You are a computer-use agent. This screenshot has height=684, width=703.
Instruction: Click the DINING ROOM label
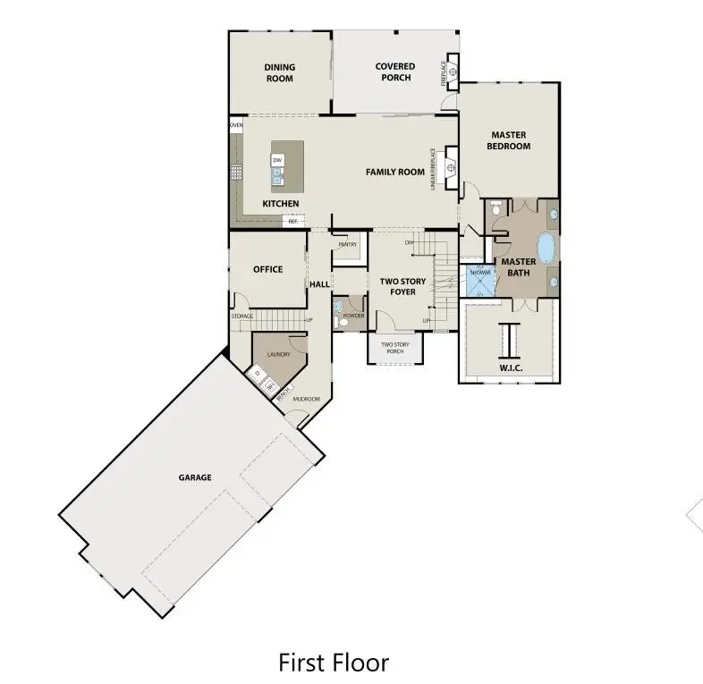279,72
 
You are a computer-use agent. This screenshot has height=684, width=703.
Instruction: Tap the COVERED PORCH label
394,72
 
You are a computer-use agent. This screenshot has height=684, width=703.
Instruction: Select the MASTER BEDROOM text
509,140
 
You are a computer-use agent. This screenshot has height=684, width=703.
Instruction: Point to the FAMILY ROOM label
394,172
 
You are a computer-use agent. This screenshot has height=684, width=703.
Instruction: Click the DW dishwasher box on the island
277,160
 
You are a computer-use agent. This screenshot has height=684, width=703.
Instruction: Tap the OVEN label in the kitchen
236,126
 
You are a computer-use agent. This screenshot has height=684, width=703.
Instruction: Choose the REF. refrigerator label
292,221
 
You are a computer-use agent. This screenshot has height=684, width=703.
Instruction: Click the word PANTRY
347,244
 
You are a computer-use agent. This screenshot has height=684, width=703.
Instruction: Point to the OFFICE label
267,269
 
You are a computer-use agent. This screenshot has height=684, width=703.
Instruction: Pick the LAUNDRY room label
277,354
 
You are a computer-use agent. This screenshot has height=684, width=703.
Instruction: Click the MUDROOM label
308,399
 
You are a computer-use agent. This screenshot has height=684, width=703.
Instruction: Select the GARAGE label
194,477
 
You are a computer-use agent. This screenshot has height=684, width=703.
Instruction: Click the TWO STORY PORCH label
394,348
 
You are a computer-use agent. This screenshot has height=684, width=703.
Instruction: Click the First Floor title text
334,663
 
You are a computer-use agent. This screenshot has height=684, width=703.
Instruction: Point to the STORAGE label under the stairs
242,316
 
